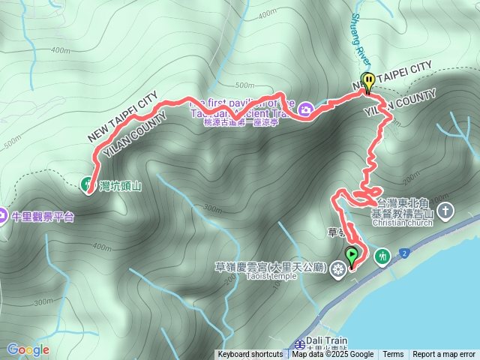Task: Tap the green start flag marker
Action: pyautogui.click(x=351, y=256)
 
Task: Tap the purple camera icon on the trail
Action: pyautogui.click(x=305, y=110)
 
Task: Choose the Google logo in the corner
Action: pyautogui.click(x=28, y=349)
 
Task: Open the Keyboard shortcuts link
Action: pyautogui.click(x=250, y=355)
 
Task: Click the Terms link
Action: pyautogui.click(x=393, y=355)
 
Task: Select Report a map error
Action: pyautogui.click(x=444, y=355)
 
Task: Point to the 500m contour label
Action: pyautogui.click(x=12, y=143)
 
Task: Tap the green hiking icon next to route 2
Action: pyautogui.click(x=382, y=256)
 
